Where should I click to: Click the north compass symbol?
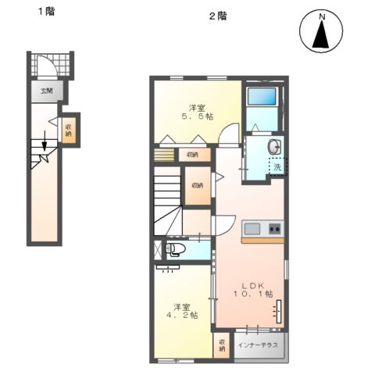click(x=320, y=34)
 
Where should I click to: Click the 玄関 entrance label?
click(x=48, y=91)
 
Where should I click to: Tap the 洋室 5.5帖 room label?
click(x=196, y=111)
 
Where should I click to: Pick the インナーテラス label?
click(x=259, y=345)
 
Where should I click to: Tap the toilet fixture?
click(x=175, y=250)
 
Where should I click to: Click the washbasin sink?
click(x=274, y=146)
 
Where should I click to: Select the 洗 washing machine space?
click(x=277, y=166)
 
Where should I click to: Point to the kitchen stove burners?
click(x=274, y=229)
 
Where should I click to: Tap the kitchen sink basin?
click(x=252, y=228)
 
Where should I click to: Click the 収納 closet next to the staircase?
click(x=197, y=185)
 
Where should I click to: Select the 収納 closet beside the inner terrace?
click(x=223, y=345)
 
